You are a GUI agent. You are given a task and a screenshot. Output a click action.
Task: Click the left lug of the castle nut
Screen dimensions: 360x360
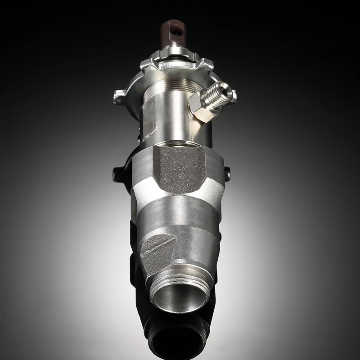tap(120, 96)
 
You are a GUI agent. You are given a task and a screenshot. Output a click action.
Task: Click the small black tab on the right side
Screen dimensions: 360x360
tap(227, 173)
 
